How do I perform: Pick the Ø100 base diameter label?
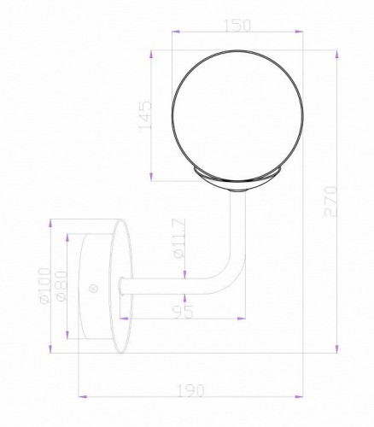tap(57, 288)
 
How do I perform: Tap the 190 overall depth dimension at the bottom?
tap(191, 391)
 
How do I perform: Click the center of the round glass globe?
tap(228, 113)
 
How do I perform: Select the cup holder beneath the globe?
tap(228, 178)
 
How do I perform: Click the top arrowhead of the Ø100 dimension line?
tap(53, 224)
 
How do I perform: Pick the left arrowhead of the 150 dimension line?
tap(174, 34)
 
